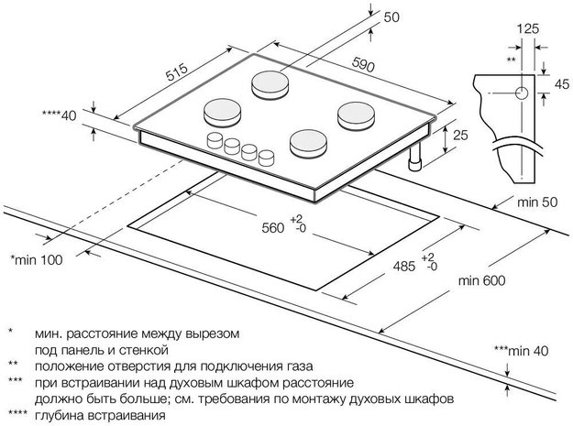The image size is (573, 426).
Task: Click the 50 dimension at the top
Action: [x=392, y=17]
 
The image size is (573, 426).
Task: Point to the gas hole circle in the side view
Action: [x=520, y=93]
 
